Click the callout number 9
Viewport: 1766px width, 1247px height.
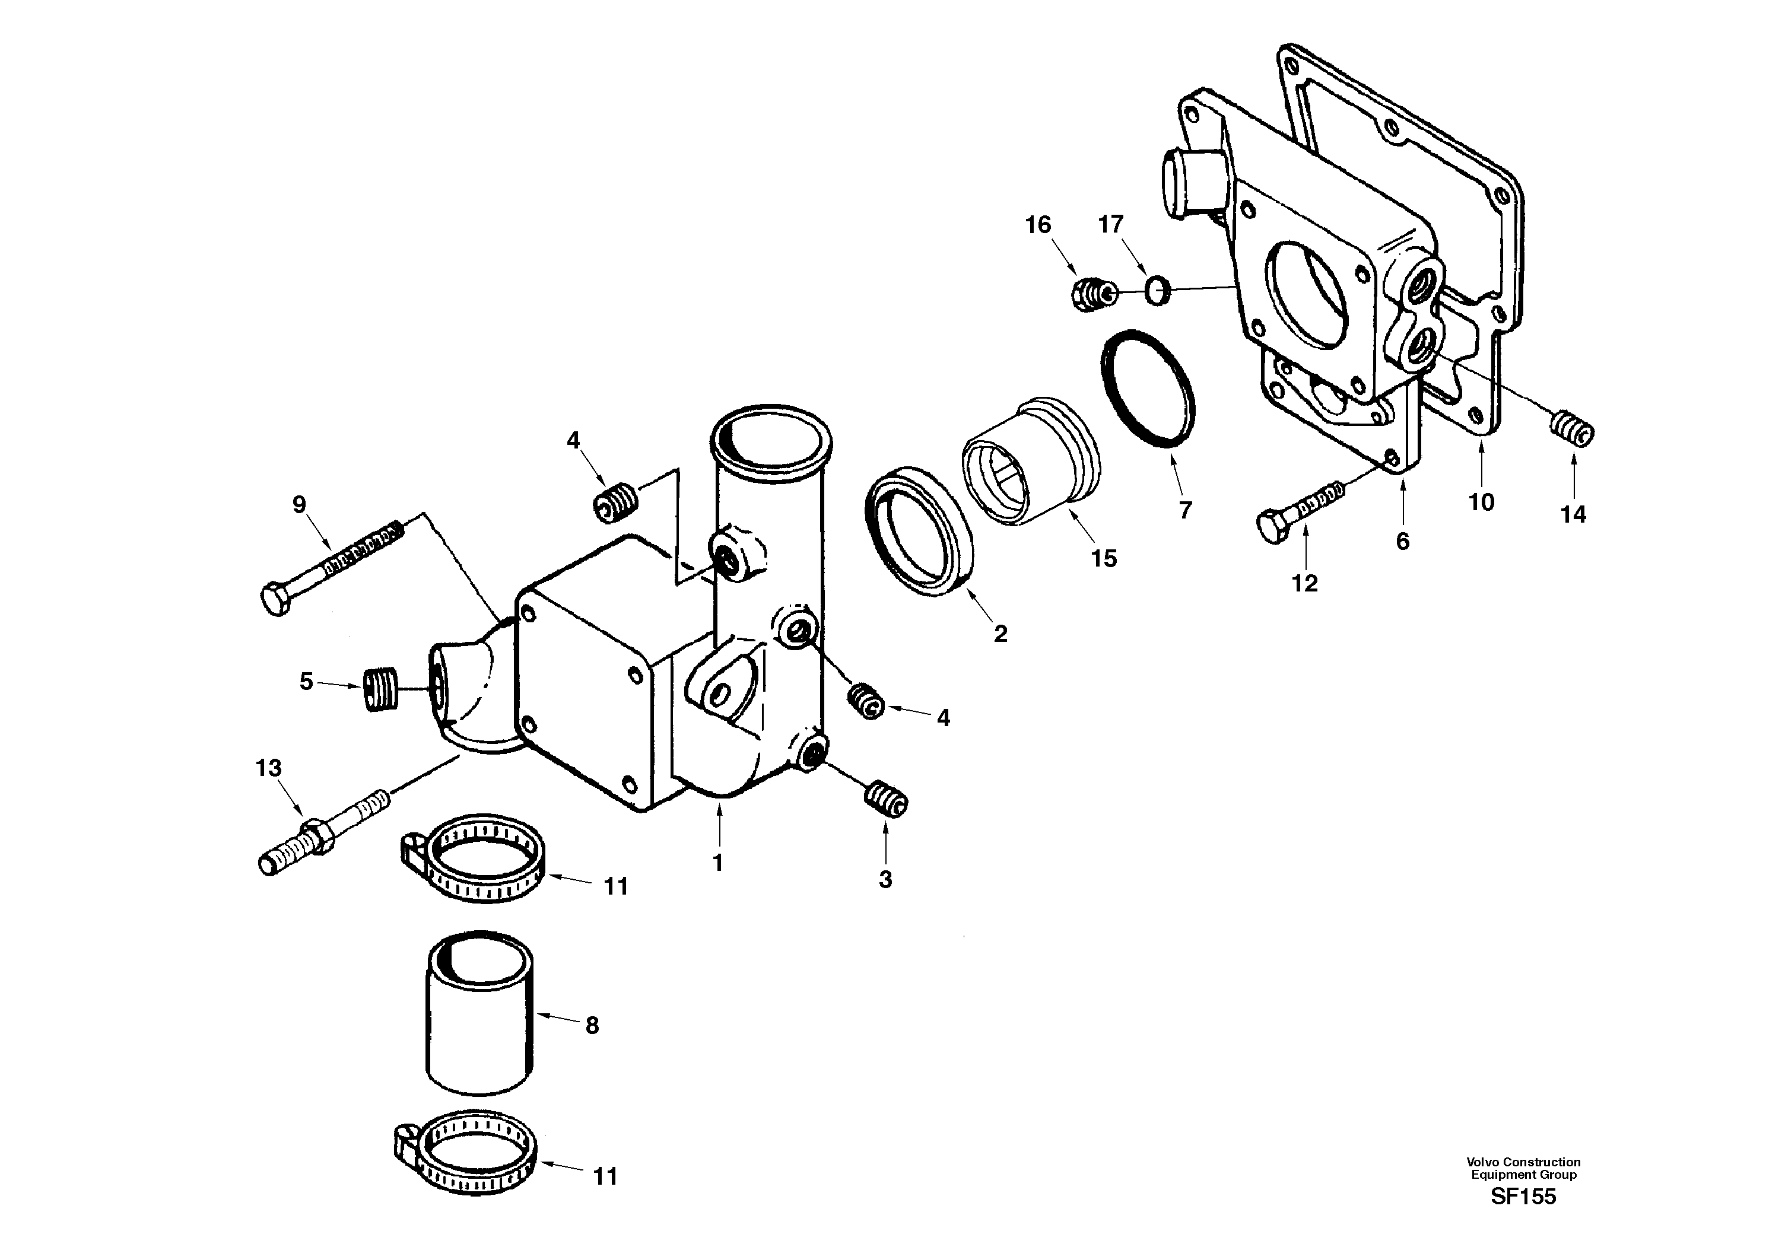(299, 504)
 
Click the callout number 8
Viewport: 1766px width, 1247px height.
(592, 1026)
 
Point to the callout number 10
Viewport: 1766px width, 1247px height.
(1481, 503)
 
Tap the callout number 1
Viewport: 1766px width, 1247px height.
(717, 863)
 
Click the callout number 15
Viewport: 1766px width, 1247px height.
(1104, 559)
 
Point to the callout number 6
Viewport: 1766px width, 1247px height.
(1402, 542)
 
